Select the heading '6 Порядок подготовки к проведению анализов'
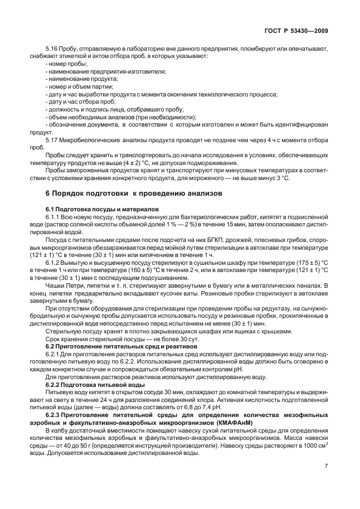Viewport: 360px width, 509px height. pos(133,193)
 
